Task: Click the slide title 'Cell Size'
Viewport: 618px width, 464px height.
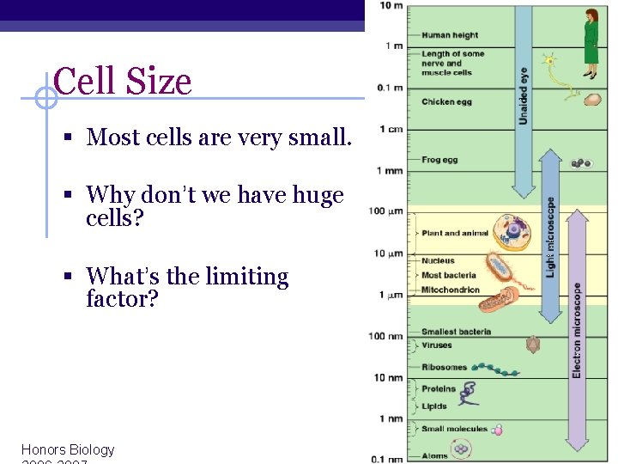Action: (x=122, y=82)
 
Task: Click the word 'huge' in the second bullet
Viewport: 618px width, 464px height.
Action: (x=318, y=196)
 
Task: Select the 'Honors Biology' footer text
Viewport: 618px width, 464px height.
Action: (x=68, y=449)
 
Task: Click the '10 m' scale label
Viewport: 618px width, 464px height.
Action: (x=391, y=6)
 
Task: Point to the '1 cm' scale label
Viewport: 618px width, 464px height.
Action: (x=391, y=130)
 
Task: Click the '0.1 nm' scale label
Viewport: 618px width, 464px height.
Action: (x=387, y=459)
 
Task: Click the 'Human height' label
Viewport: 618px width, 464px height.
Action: (x=450, y=35)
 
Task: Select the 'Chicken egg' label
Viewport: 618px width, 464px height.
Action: (x=446, y=102)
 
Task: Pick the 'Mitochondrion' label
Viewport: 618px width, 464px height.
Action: (x=451, y=290)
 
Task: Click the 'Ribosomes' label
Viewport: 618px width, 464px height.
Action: (x=445, y=368)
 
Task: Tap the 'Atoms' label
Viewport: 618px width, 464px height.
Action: (x=434, y=455)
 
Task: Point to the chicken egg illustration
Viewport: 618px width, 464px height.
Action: (x=592, y=100)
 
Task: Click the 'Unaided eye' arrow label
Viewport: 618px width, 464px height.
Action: (x=523, y=95)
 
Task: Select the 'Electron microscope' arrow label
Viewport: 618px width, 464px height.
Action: (x=577, y=331)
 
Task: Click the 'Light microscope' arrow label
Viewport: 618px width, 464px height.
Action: (x=551, y=237)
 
